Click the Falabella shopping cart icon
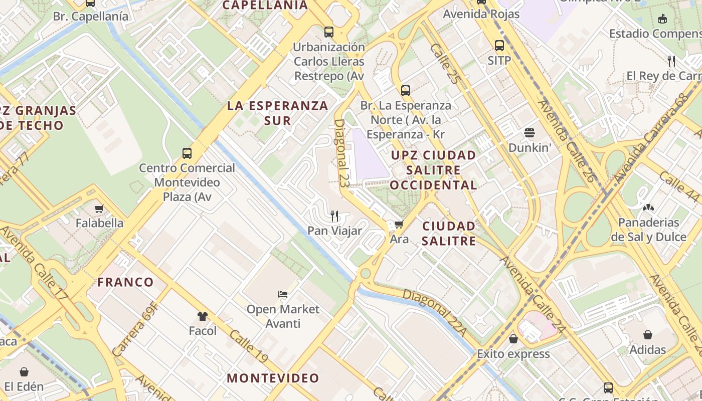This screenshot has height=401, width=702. [x=99, y=209]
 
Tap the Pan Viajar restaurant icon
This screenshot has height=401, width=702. [x=334, y=216]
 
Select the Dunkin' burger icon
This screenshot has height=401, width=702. [x=530, y=133]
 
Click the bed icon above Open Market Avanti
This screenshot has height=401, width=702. [x=283, y=294]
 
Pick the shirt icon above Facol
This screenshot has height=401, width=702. [x=203, y=316]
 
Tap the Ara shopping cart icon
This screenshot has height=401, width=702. [x=399, y=225]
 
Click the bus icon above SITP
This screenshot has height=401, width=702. [x=499, y=46]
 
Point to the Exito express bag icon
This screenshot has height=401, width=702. [x=513, y=339]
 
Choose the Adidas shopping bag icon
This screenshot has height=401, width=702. [x=648, y=334]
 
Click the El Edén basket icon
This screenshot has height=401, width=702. [x=24, y=371]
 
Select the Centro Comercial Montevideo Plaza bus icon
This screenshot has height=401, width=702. [x=187, y=153]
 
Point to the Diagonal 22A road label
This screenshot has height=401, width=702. [x=434, y=313]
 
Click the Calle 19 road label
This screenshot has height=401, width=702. [x=249, y=350]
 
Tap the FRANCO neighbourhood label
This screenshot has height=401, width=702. [x=125, y=282]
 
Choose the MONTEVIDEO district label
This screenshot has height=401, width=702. [x=273, y=378]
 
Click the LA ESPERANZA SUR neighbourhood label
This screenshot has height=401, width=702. [x=278, y=113]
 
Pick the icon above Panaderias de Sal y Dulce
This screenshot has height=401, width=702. [x=648, y=207]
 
